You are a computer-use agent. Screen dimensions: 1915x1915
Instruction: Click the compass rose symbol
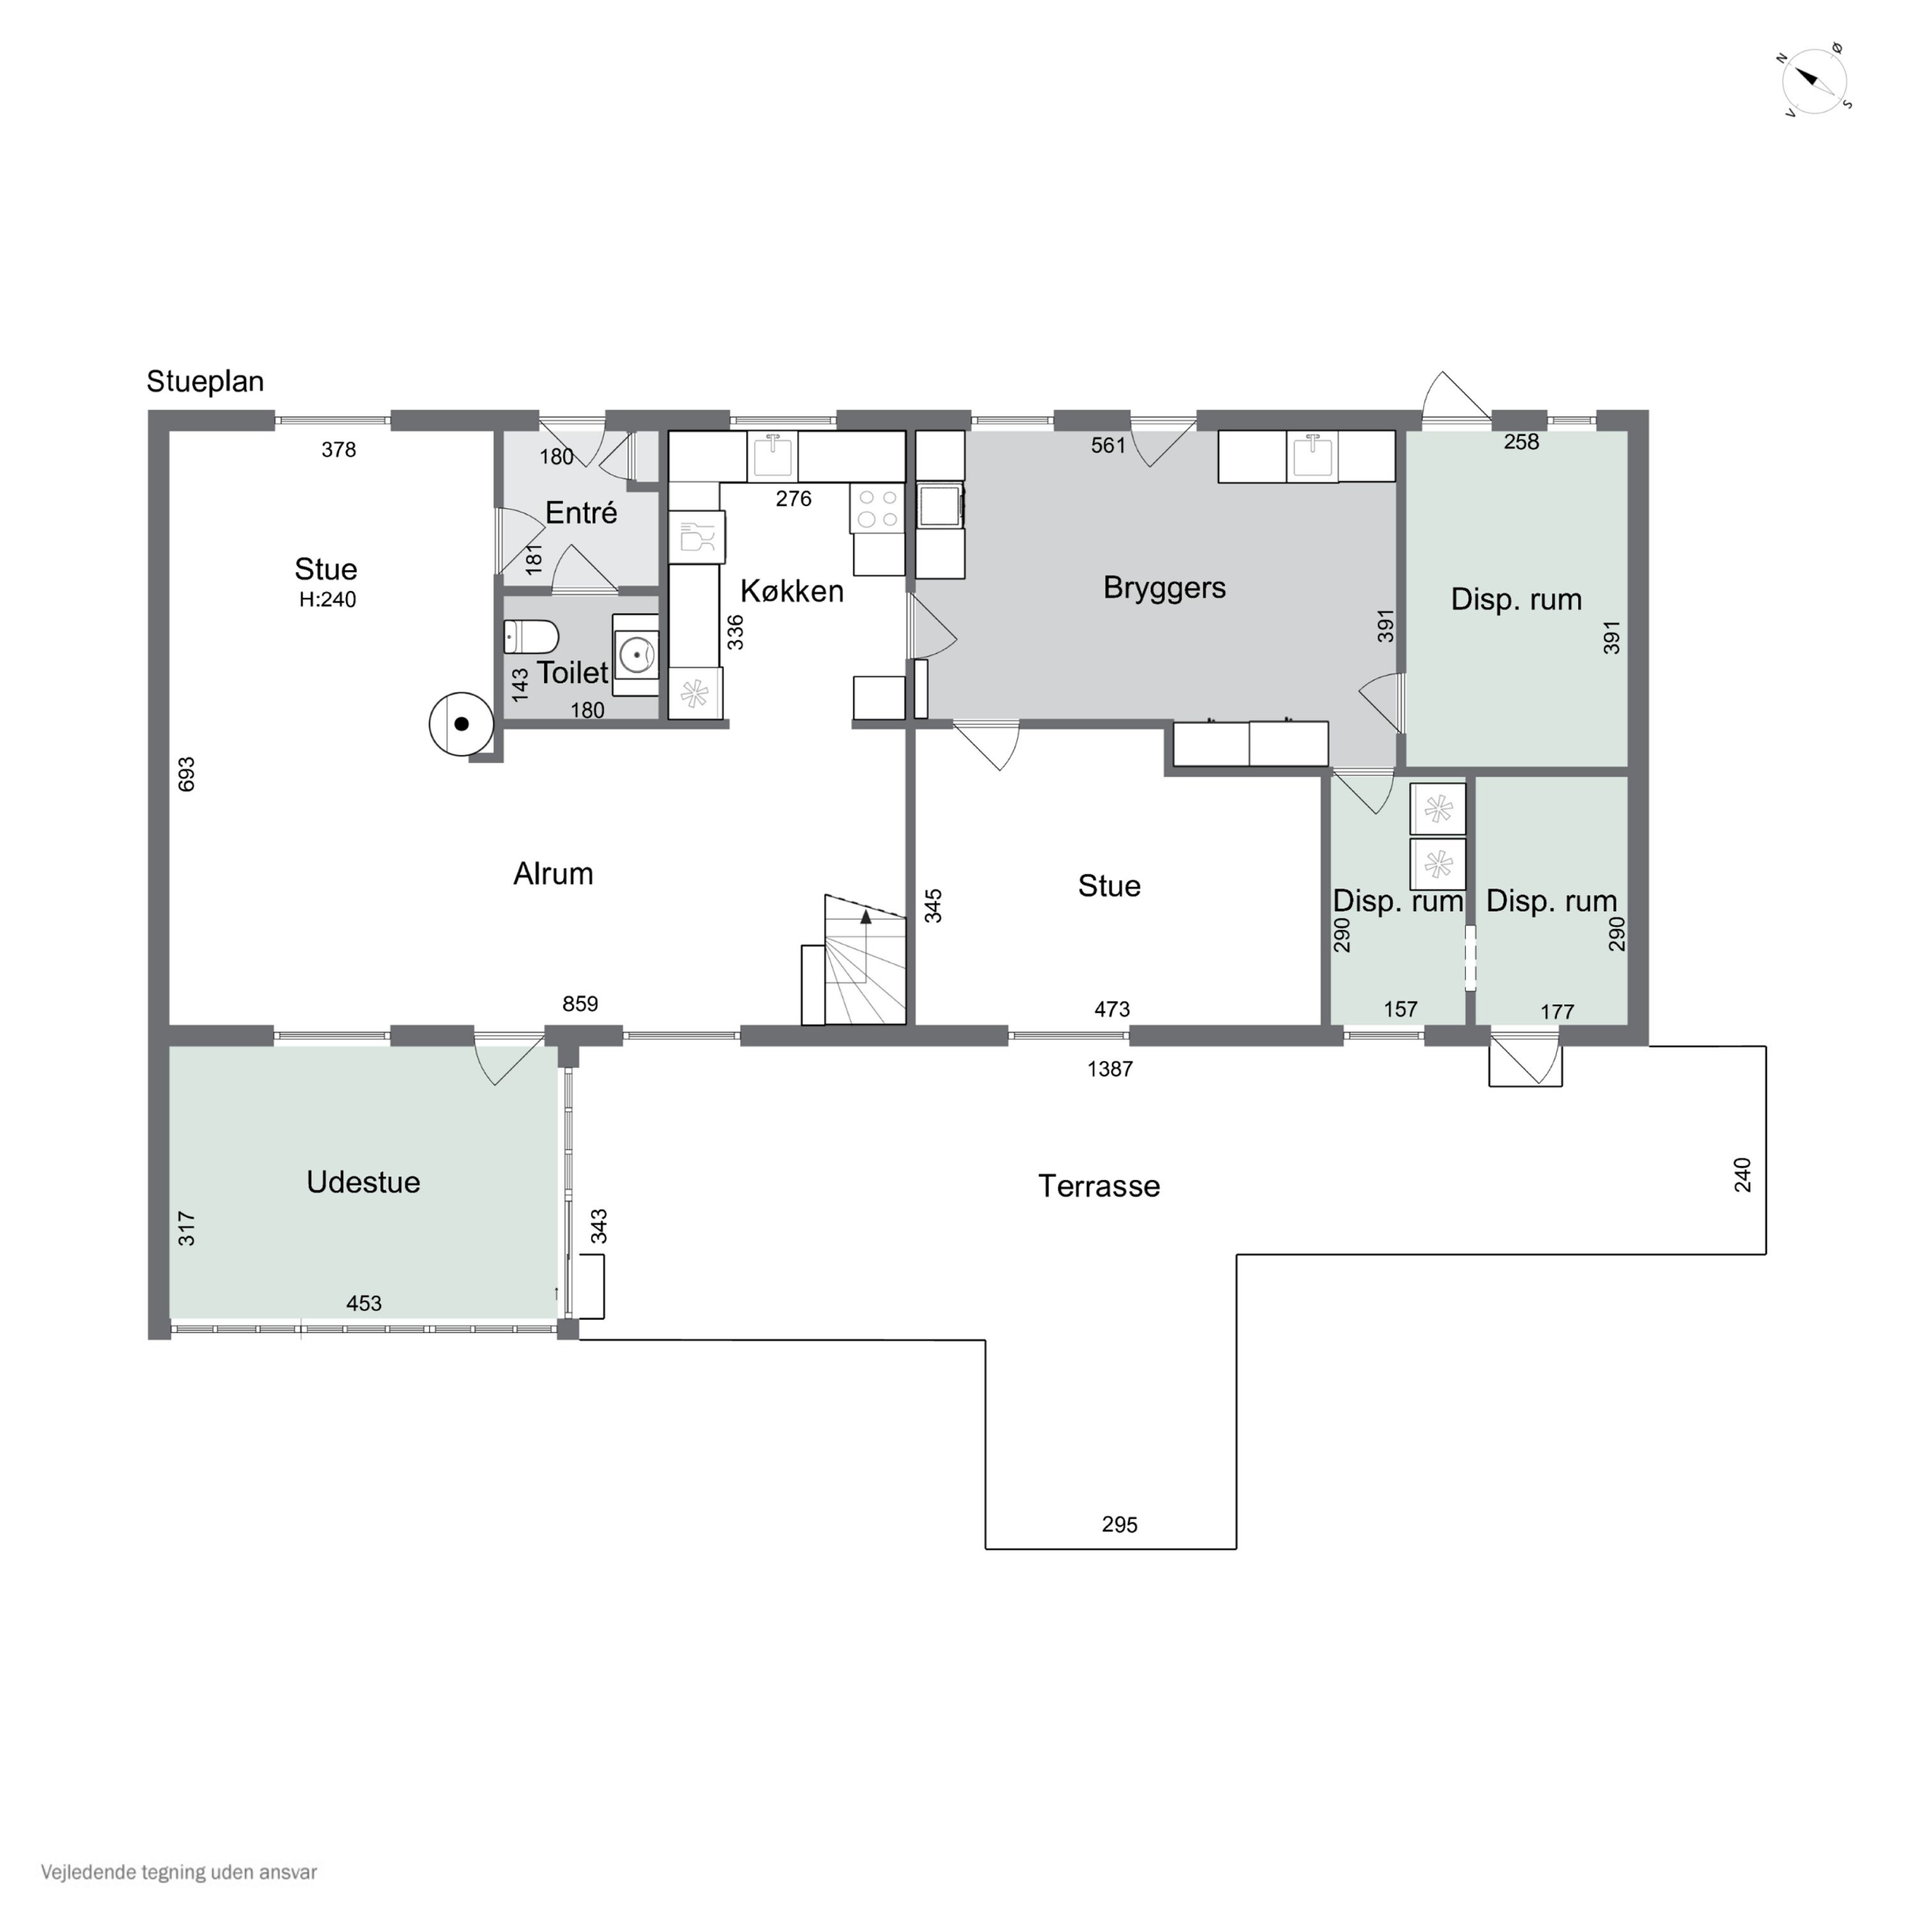tap(1816, 81)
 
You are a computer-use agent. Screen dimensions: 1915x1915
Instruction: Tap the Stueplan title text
tap(205, 382)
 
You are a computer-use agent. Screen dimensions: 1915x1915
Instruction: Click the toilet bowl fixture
tap(531, 636)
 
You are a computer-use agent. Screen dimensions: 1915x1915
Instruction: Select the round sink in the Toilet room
tap(635, 654)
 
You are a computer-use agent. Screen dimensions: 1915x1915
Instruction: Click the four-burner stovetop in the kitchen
tap(877, 509)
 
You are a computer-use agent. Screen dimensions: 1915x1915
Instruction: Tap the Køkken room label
tap(792, 592)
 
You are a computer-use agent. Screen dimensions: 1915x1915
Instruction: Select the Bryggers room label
tap(1165, 588)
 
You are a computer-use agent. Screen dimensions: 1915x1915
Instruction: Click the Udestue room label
tap(363, 1182)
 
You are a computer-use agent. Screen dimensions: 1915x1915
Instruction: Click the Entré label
tap(581, 513)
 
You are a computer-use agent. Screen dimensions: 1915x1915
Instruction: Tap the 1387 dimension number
tap(1110, 1069)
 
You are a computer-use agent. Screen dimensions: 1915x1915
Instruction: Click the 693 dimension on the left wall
tap(186, 774)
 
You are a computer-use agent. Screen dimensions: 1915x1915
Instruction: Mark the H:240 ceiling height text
tap(327, 599)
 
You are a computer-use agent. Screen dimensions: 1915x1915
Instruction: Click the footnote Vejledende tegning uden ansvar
tap(179, 1872)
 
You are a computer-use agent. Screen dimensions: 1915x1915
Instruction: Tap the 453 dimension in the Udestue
tap(364, 1303)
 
